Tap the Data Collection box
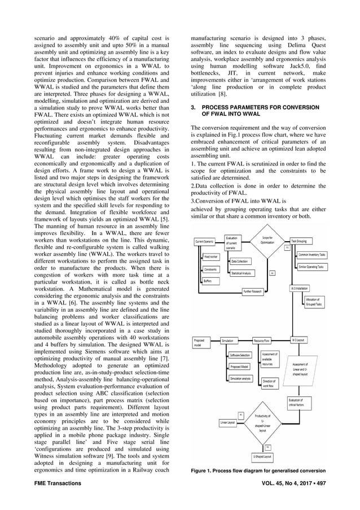tap(239, 261)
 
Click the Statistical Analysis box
tap(241, 273)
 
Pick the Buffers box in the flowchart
tap(208, 281)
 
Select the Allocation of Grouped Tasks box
tap(313, 301)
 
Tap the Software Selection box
tap(240, 355)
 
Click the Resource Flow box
tap(261, 341)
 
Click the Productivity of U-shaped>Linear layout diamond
tap(262, 422)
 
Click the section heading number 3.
tap(193, 107)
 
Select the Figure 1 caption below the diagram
tap(257, 470)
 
